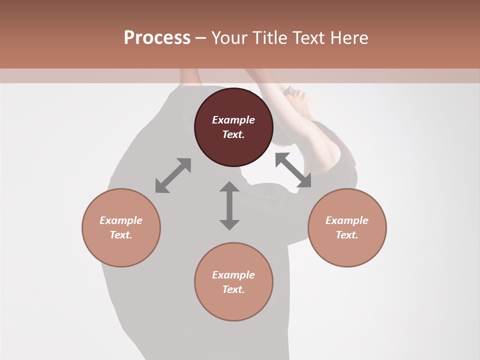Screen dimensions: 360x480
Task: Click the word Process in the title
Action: click(157, 38)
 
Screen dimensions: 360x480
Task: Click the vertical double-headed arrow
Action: click(229, 205)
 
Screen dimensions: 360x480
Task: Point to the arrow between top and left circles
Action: click(173, 175)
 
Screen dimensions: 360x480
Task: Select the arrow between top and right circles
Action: click(293, 170)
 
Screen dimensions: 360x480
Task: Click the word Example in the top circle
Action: click(233, 120)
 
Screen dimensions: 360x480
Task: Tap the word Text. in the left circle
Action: click(121, 235)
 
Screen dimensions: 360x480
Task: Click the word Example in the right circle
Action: click(347, 220)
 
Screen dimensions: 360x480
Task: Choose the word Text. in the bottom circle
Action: click(233, 289)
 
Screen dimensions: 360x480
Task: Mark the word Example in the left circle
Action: click(121, 220)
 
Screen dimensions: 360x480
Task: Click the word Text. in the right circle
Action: click(347, 235)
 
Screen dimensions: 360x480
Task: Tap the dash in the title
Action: click(201, 38)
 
